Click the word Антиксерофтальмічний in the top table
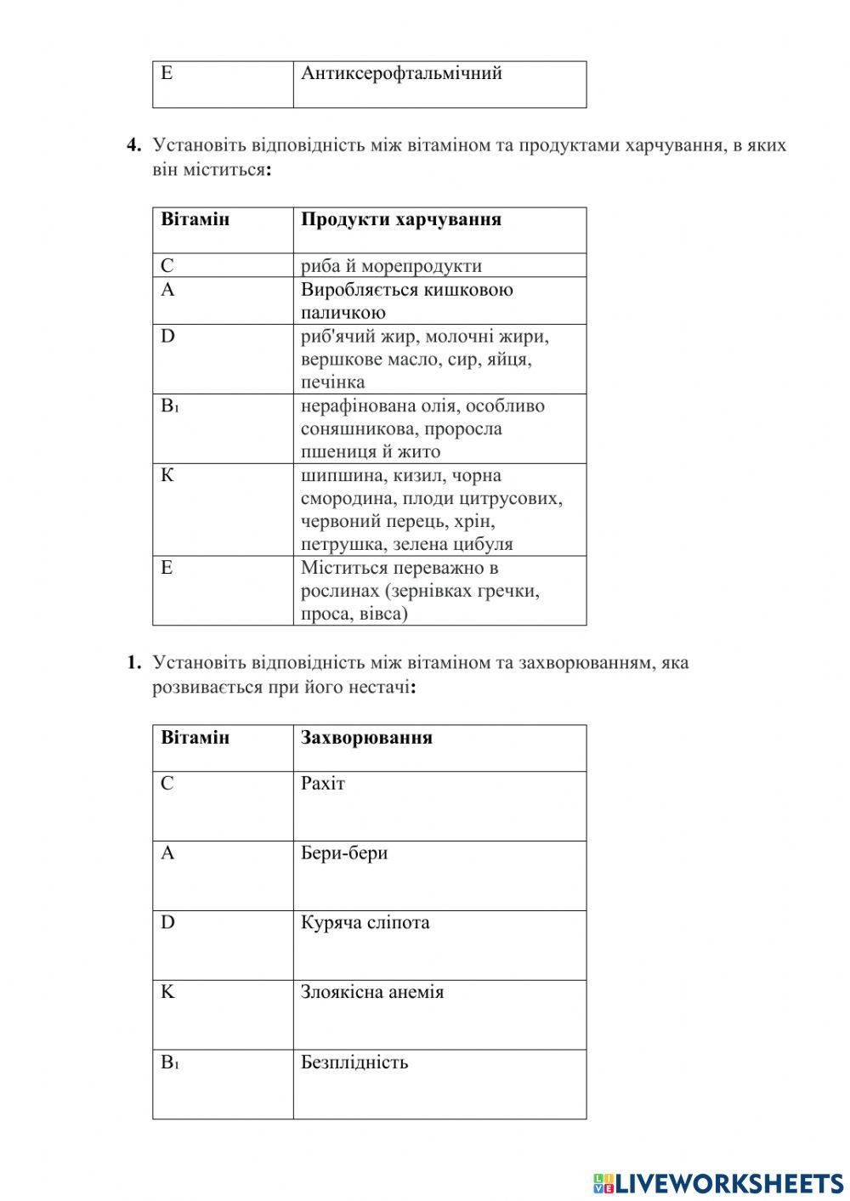tap(401, 74)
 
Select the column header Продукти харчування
tap(400, 220)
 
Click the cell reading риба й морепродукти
tap(391, 266)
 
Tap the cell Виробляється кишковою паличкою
tap(406, 301)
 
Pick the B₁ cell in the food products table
tap(170, 406)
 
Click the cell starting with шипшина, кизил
tap(431, 509)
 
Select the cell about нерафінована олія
tap(422, 428)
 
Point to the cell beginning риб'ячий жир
tap(424, 359)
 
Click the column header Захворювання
tap(366, 738)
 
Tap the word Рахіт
tap(323, 784)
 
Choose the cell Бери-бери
tap(344, 853)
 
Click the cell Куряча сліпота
tap(365, 923)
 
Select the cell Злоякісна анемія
tap(371, 993)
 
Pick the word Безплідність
tap(354, 1062)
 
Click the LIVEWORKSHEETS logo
tap(718, 1182)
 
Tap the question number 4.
tap(133, 145)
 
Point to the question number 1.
tap(133, 663)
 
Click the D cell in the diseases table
tap(167, 923)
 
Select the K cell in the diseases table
tap(167, 993)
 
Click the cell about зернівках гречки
tap(420, 591)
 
